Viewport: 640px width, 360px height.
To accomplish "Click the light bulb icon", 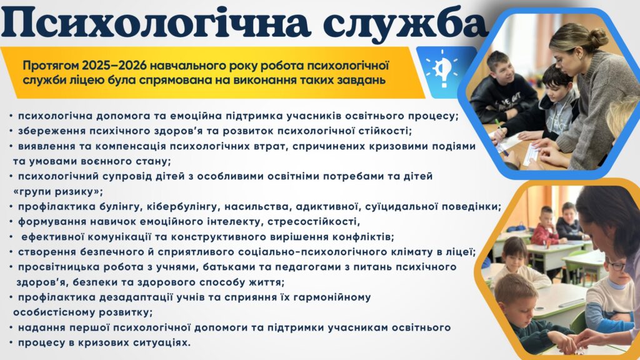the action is [442, 69].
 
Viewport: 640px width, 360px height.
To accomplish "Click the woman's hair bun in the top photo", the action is [598, 37].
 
